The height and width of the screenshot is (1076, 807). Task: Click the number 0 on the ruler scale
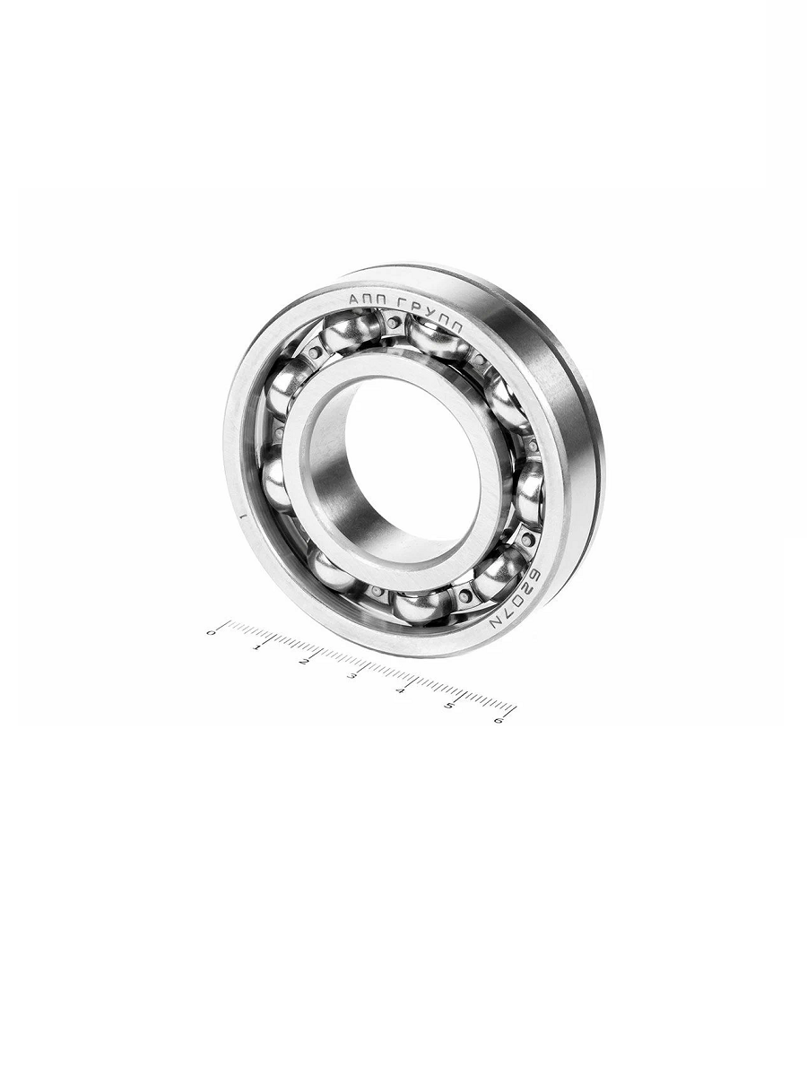pyautogui.click(x=211, y=633)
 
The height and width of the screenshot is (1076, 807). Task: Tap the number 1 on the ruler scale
pyautogui.click(x=256, y=647)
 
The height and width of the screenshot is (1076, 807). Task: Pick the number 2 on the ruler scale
pyautogui.click(x=303, y=662)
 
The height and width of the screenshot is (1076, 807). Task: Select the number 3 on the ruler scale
pyautogui.click(x=351, y=676)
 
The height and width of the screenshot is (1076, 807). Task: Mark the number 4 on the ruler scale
pyautogui.click(x=400, y=690)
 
